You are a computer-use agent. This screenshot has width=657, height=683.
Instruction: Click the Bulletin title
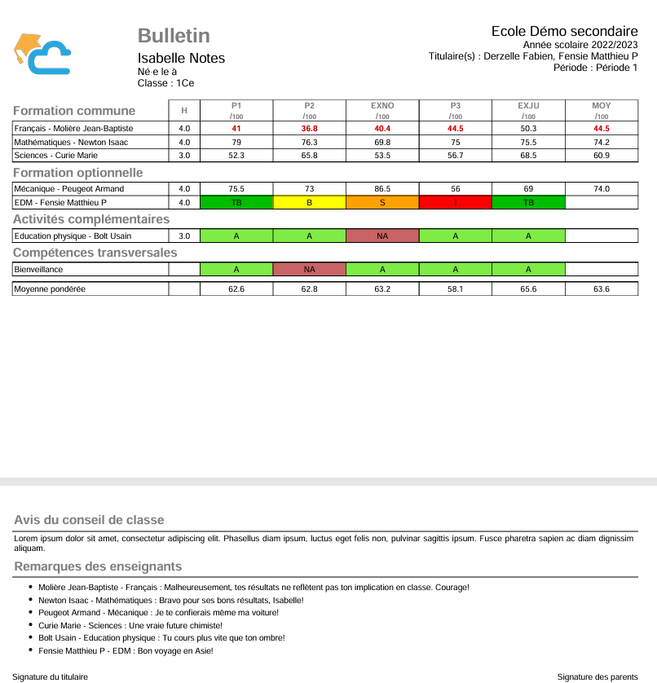(174, 36)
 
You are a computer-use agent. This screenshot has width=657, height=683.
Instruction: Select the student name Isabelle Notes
(181, 58)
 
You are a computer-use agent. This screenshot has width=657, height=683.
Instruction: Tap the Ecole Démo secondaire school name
(564, 31)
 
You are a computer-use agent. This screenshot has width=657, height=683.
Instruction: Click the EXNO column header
(382, 106)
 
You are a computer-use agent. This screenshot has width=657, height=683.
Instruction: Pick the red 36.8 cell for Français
(310, 129)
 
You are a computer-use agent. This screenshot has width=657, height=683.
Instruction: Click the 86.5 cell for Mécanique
(382, 189)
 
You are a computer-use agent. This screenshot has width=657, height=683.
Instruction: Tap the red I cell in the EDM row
(456, 202)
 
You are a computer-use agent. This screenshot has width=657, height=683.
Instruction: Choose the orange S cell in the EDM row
(382, 202)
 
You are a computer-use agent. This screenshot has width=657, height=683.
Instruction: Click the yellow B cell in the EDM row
(310, 202)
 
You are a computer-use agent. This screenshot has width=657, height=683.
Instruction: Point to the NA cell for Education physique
(382, 236)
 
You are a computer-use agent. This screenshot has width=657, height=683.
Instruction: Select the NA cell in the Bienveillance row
(310, 269)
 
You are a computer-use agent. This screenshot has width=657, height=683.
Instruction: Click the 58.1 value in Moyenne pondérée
(456, 289)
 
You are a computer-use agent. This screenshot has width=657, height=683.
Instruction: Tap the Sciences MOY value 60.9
(602, 155)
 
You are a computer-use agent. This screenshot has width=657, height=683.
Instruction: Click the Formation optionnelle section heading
(77, 173)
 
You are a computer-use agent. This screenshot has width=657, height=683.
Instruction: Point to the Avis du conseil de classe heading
(89, 520)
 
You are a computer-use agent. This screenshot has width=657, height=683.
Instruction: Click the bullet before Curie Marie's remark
(30, 626)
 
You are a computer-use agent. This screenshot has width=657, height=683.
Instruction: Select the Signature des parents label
(597, 676)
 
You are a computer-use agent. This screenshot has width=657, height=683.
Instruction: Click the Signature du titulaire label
(50, 676)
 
